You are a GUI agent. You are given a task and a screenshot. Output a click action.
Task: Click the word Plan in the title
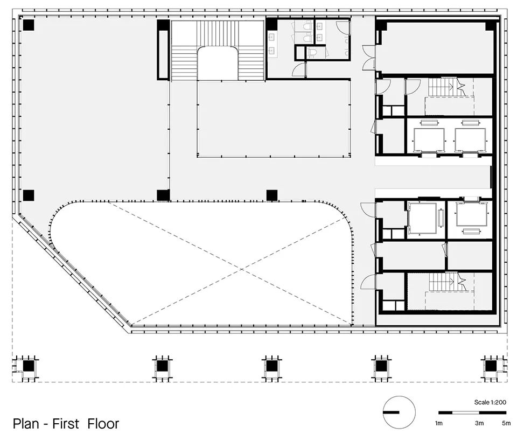[x=25, y=423]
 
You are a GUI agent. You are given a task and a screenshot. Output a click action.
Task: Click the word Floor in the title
[x=103, y=423]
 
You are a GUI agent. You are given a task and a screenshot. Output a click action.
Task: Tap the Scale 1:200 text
[x=490, y=402]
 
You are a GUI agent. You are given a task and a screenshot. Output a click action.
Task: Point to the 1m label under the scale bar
[x=438, y=423]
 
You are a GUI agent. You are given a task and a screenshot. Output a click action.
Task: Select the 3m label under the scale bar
[x=479, y=423]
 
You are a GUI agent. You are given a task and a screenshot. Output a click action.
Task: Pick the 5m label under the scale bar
[x=506, y=423]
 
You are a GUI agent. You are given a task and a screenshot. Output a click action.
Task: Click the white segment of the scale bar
[x=465, y=412]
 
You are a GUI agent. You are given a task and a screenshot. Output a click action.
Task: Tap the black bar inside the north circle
[x=391, y=412]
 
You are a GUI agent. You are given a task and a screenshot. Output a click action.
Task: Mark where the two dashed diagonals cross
[x=242, y=269]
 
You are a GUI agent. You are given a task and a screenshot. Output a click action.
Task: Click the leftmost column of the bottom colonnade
[x=28, y=366]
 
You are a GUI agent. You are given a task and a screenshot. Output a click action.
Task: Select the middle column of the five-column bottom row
[x=271, y=366]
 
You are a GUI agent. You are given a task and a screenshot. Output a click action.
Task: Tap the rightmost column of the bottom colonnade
[x=490, y=366]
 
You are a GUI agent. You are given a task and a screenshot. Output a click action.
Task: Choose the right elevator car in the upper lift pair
[x=470, y=140]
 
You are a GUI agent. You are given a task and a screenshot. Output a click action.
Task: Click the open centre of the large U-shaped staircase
[x=218, y=64]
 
